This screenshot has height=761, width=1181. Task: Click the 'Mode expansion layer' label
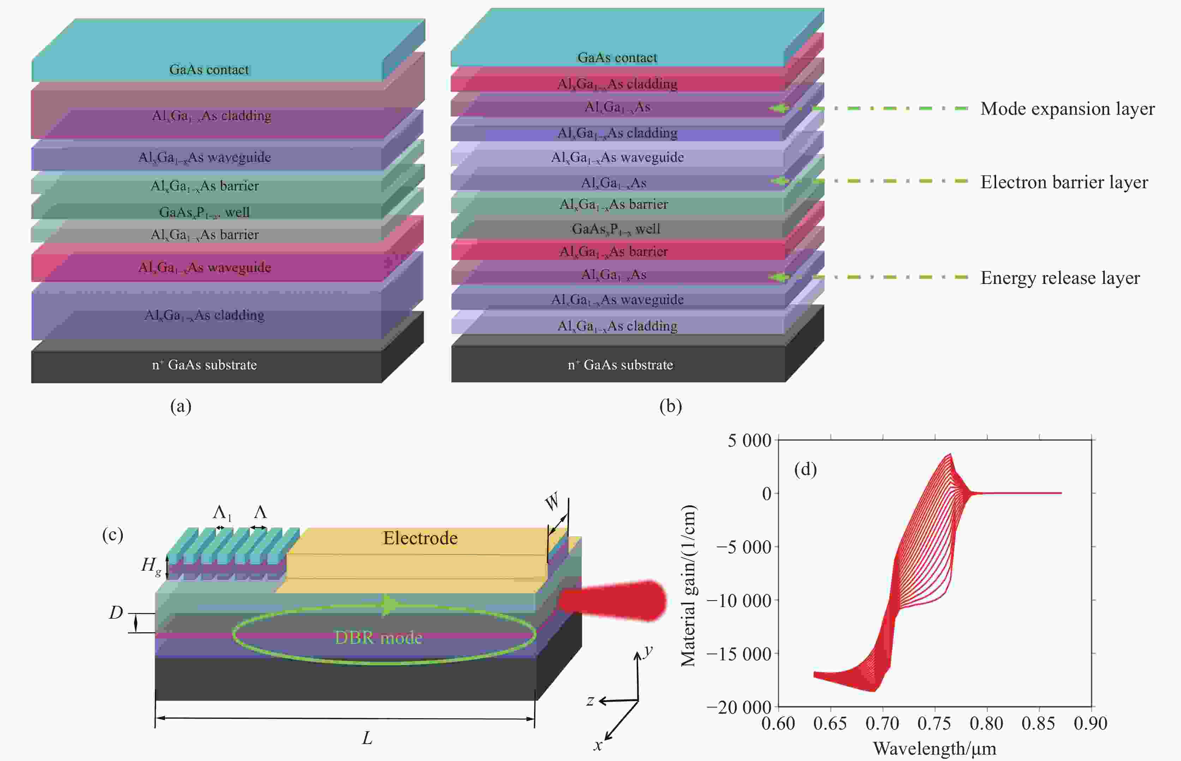coord(1067,109)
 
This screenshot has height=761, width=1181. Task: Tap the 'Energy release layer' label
coord(1060,278)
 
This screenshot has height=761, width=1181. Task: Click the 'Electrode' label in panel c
coord(420,538)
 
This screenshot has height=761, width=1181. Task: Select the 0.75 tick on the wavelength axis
coord(934,724)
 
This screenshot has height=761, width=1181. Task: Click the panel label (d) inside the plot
coord(805,469)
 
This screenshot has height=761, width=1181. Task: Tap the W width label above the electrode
coord(552,502)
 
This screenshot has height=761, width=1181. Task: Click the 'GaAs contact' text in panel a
coord(209,70)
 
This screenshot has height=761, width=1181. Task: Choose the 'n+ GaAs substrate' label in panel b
coord(621,365)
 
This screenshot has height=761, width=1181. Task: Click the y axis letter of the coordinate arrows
coord(648,651)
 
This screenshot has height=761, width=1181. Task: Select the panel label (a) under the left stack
coord(181,406)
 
